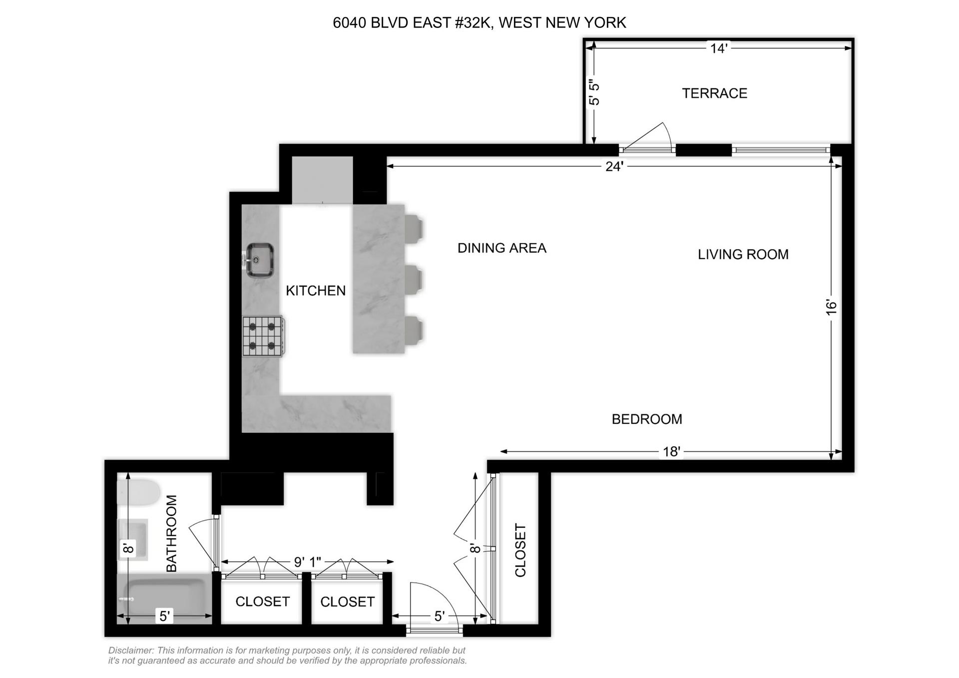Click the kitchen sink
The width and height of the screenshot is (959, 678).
(259, 260)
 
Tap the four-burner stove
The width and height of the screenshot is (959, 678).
(263, 336)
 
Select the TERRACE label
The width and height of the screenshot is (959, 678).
(714, 93)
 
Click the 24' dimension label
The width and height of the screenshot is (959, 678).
(614, 166)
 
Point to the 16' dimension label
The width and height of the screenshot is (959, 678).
(831, 307)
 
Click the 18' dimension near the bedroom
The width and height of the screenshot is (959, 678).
(671, 452)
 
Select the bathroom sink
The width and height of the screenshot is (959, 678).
(133, 539)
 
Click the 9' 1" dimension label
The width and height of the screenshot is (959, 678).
(307, 562)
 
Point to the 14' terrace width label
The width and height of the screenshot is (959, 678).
(718, 48)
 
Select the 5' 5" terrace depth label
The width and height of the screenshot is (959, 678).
(594, 93)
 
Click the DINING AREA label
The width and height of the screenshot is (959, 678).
(501, 248)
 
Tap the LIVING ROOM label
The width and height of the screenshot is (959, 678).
(743, 255)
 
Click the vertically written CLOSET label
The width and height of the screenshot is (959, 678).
(520, 550)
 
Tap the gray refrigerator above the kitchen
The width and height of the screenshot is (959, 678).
(322, 180)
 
